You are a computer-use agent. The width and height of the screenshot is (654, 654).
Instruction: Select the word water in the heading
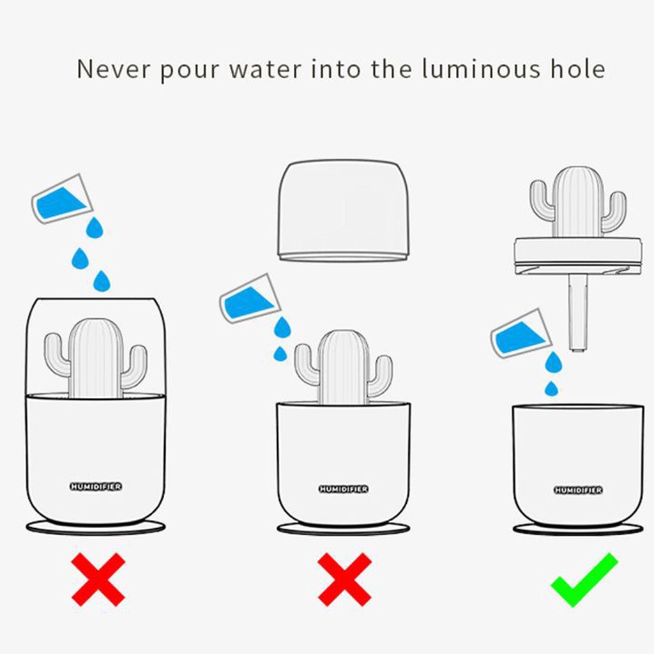265,70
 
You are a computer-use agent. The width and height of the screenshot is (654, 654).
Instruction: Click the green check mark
584,581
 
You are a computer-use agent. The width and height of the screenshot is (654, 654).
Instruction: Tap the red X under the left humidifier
98,580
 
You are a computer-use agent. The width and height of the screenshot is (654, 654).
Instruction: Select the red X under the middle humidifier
344,580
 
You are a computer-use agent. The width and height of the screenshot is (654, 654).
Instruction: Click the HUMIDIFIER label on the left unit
96,486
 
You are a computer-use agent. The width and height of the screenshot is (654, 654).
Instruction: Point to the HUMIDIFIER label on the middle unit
344,489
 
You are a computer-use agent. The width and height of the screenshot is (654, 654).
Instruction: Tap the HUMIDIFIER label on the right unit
578,490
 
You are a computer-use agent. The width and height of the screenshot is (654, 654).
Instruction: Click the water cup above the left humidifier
63,199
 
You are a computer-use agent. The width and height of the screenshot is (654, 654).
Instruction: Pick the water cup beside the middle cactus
250,299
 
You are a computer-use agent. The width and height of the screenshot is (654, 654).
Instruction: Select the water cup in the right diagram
521,334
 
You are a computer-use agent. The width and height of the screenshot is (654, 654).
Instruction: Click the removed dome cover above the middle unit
344,211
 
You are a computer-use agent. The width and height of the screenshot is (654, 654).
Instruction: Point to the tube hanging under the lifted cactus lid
577,313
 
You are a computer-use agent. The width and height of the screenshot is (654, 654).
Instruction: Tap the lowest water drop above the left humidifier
102,281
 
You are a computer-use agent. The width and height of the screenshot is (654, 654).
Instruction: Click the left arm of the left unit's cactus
57,354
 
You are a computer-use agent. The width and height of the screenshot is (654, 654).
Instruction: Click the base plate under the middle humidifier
344,529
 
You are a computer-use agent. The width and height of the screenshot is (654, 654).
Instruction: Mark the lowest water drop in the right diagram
552,389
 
